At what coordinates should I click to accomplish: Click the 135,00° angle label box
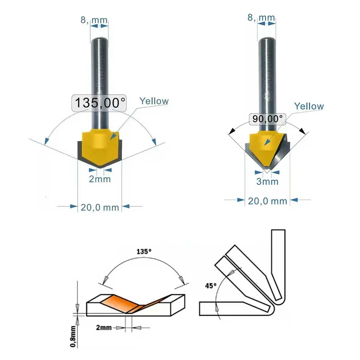[99, 103]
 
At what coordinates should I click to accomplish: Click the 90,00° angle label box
[268, 119]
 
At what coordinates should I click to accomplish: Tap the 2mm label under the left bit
[100, 180]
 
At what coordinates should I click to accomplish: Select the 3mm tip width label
[267, 182]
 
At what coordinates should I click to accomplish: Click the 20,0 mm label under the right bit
[267, 201]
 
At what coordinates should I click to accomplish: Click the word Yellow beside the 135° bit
[154, 101]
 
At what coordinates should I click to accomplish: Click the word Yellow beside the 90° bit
[309, 106]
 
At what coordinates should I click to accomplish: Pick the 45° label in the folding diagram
[210, 285]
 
